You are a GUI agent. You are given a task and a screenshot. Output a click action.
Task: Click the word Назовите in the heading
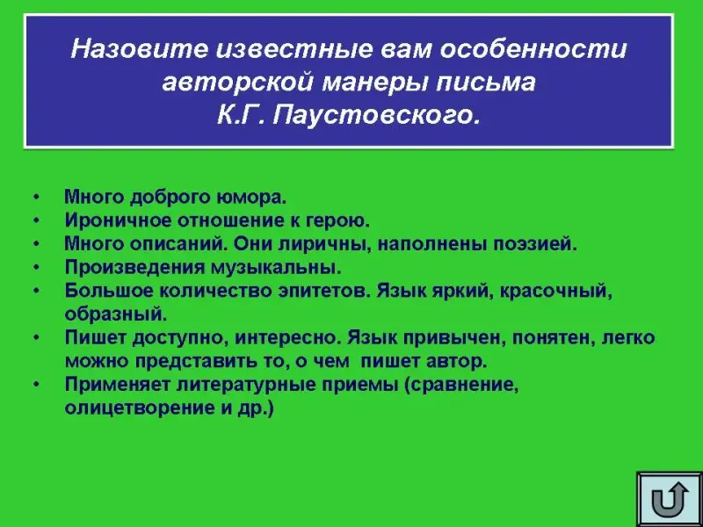pyautogui.click(x=139, y=49)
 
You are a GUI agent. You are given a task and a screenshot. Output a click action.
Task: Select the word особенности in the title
pyautogui.click(x=533, y=49)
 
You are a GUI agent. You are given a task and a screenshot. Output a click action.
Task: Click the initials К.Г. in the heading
pyautogui.click(x=241, y=116)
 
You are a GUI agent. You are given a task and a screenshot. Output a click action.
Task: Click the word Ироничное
pyautogui.click(x=118, y=221)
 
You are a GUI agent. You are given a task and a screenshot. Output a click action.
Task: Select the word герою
pyautogui.click(x=337, y=221)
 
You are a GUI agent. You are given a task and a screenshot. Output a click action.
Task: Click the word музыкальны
pyautogui.click(x=276, y=268)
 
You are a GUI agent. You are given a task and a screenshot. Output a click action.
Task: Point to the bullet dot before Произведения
pyautogui.click(x=36, y=267)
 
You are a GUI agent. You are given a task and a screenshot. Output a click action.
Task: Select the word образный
pyautogui.click(x=116, y=314)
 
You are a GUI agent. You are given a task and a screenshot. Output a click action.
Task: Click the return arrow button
pyautogui.click(x=670, y=498)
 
